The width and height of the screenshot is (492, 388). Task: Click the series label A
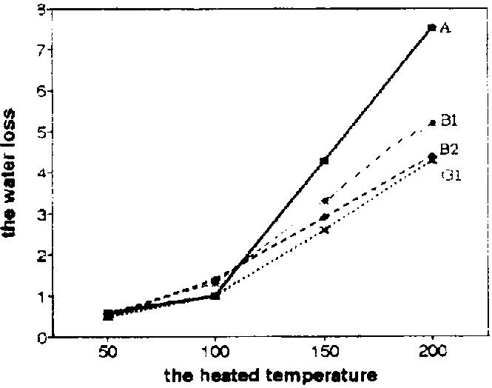(x=445, y=28)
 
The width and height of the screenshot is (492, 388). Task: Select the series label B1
(x=451, y=120)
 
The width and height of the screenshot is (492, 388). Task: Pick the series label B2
(x=450, y=150)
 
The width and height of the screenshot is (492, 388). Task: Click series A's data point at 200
(x=431, y=28)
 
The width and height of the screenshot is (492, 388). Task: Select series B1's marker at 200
(x=432, y=122)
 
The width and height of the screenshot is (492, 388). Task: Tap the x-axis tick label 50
(x=108, y=351)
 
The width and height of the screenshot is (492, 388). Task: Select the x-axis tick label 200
(x=431, y=351)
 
